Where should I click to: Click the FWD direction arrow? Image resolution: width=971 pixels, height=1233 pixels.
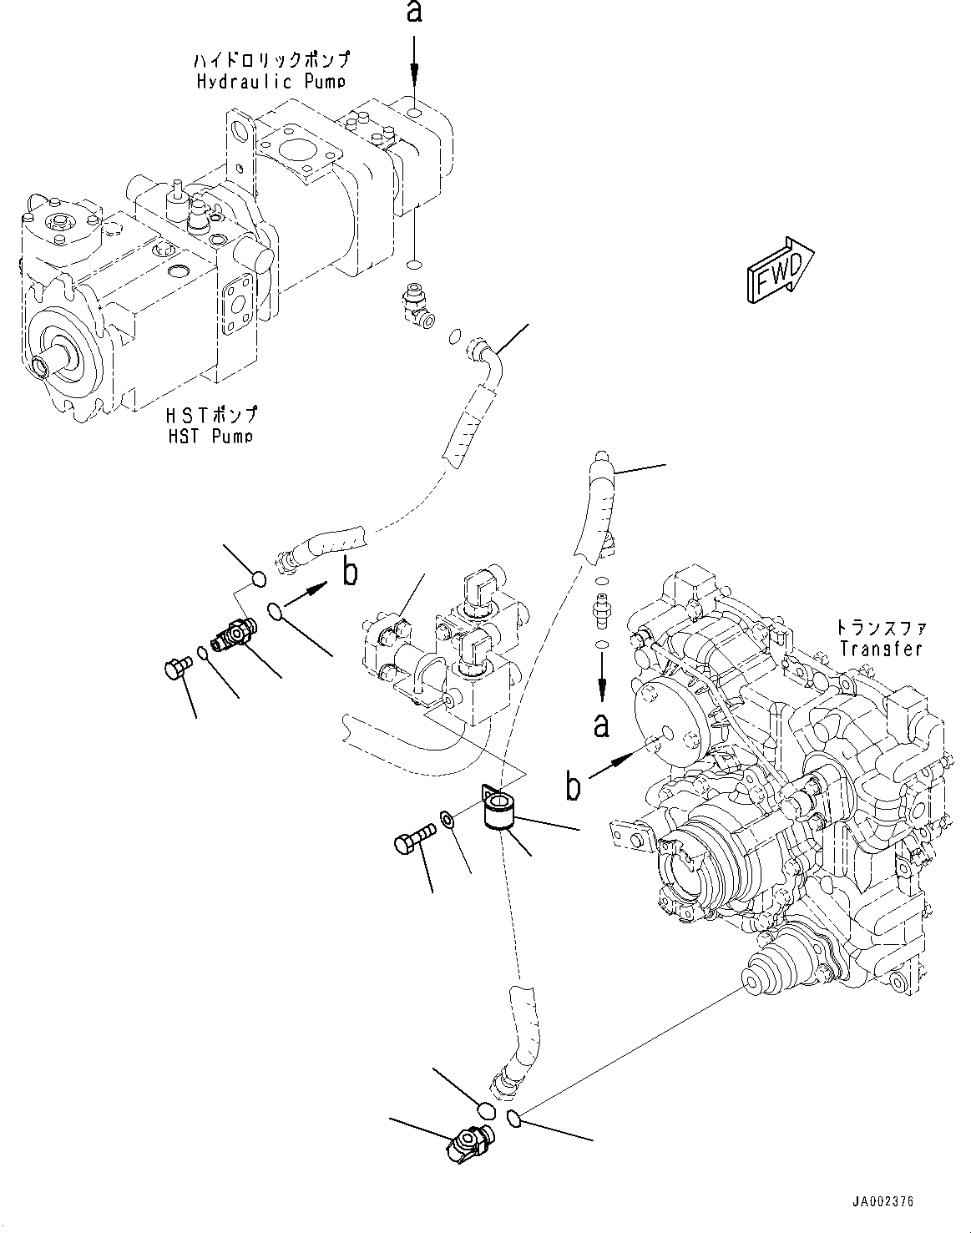click(x=780, y=268)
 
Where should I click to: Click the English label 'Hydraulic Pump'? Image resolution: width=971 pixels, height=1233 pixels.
click(x=267, y=81)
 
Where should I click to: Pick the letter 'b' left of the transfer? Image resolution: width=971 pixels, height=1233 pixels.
click(x=573, y=787)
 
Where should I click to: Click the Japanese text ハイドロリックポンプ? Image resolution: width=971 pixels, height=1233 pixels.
click(x=271, y=60)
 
